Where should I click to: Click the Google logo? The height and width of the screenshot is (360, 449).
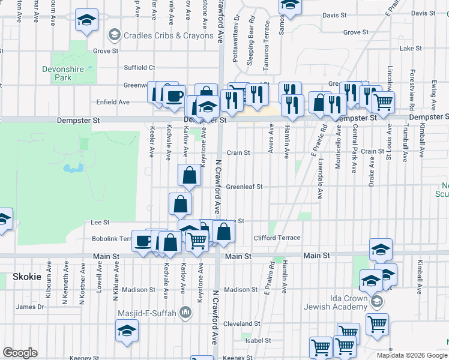pos(20,353)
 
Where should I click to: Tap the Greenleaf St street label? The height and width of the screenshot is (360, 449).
pos(244,187)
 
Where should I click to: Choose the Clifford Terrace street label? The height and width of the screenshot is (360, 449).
pos(277,238)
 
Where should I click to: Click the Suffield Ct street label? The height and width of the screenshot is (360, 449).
pos(139,68)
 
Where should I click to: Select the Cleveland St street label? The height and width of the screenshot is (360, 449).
pos(240,323)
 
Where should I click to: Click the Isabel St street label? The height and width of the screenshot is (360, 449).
pos(258,340)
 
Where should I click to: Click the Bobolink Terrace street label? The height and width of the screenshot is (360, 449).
pos(112,238)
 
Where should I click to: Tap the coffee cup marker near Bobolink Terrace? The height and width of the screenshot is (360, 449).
pos(142,241)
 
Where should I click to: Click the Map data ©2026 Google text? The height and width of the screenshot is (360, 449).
pos(411,355)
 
